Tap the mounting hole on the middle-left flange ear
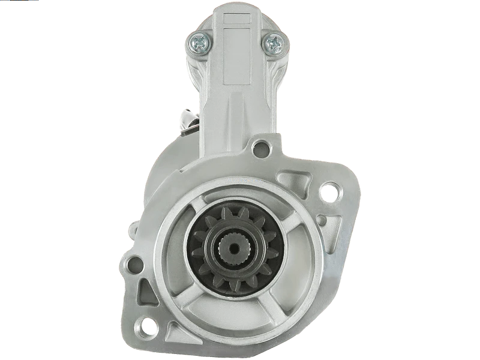137,262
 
